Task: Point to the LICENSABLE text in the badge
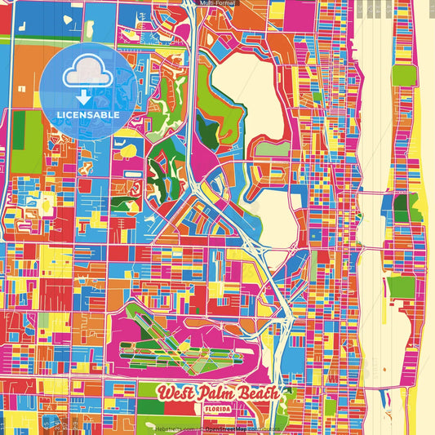[x=89, y=115]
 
